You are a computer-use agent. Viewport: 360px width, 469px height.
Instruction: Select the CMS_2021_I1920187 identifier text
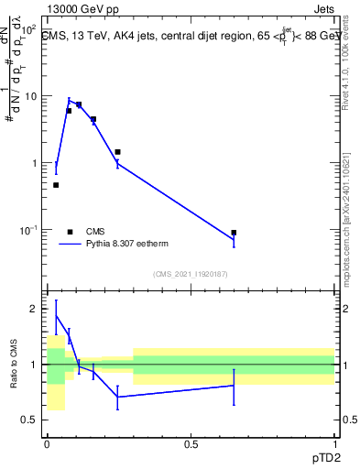click(190, 273)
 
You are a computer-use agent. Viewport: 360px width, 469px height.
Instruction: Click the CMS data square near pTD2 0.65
click(234, 233)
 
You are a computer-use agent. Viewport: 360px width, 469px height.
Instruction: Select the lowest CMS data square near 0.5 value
click(56, 185)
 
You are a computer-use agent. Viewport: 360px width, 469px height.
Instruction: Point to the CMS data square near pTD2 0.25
click(117, 152)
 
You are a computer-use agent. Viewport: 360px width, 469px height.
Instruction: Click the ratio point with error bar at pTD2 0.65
click(234, 386)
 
